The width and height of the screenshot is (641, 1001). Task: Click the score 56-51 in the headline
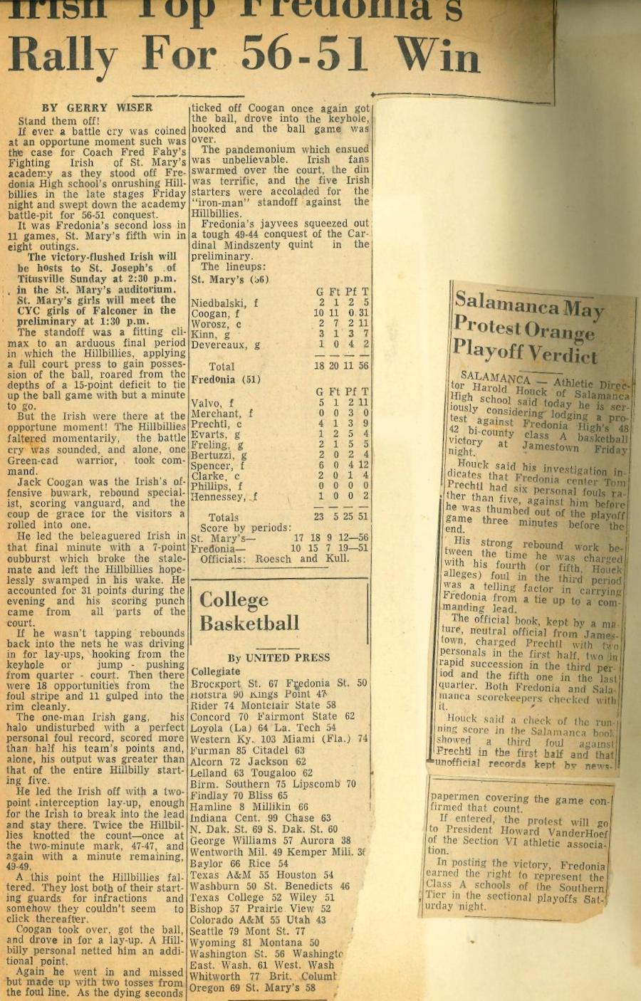coord(306,55)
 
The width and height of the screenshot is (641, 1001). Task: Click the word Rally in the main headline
coord(63,55)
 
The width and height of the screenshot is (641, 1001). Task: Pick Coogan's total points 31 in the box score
coord(363,314)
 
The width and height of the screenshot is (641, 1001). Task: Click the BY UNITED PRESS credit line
coord(278,658)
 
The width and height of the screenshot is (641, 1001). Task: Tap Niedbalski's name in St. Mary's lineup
coord(224,303)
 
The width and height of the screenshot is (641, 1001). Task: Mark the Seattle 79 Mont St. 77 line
coord(248,931)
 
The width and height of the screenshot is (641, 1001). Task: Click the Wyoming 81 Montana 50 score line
coord(254,942)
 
